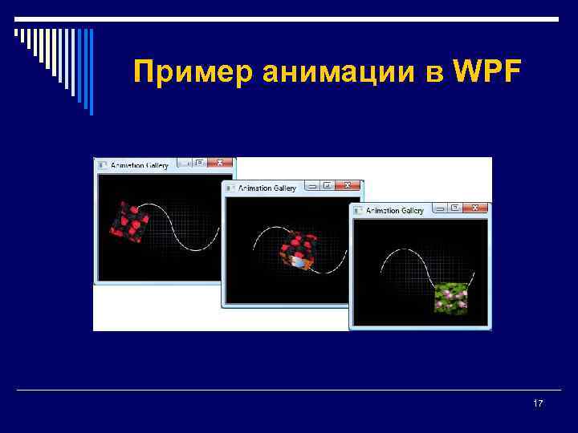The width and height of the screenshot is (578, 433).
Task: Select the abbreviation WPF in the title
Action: tap(487, 73)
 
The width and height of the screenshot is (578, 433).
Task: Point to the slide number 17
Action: tap(538, 403)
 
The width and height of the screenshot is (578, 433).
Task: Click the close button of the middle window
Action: tap(348, 185)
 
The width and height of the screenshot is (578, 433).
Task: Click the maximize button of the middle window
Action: tap(328, 185)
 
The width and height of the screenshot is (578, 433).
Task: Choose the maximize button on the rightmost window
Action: tap(455, 208)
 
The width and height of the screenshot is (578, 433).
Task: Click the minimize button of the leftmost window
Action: tap(184, 163)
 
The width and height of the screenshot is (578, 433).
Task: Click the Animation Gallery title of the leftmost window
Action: tap(140, 166)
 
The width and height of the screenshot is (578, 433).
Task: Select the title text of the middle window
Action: tap(267, 188)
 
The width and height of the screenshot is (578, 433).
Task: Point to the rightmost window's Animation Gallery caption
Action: tap(395, 211)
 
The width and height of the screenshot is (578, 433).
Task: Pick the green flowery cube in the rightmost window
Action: tap(450, 297)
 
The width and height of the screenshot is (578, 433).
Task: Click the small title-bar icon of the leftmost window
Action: tap(102, 166)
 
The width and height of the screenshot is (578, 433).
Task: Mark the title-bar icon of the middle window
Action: tap(230, 188)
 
